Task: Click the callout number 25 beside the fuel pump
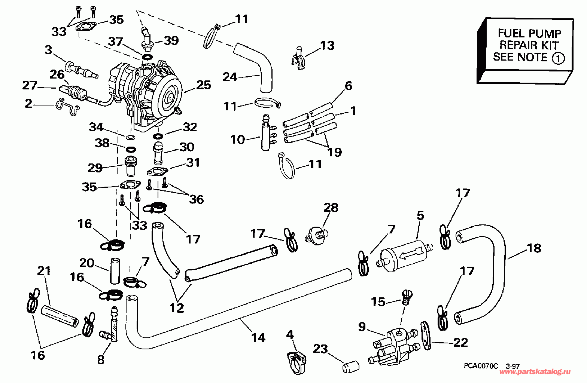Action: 203,85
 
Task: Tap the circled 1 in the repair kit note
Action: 558,58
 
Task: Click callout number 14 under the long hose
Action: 258,338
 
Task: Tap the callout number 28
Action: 331,208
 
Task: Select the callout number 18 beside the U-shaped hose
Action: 534,248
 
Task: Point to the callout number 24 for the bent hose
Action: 230,77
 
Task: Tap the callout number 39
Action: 171,40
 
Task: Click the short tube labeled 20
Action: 115,271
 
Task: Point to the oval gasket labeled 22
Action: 426,335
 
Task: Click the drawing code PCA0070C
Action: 481,366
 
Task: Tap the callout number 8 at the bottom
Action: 101,360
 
